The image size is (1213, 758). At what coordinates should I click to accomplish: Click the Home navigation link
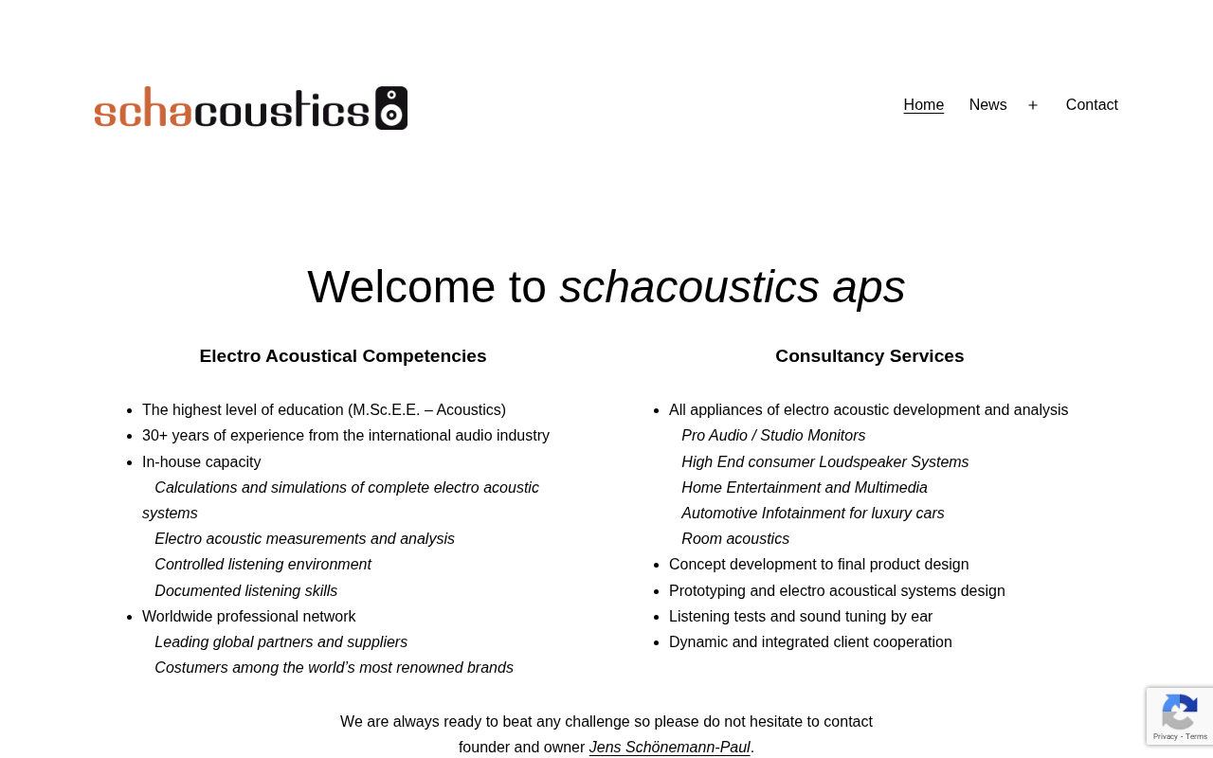coord(923,105)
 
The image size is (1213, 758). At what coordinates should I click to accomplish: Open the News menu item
coord(987,105)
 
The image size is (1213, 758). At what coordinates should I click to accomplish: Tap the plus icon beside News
coord(1033,105)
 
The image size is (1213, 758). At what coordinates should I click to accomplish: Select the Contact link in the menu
coord(1092,105)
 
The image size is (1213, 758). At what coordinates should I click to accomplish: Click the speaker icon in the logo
coord(391,108)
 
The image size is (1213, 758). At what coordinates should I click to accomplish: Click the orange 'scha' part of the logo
coord(142,109)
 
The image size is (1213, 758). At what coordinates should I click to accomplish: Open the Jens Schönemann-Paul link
coord(669,748)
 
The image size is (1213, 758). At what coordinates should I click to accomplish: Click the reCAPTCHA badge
coord(1179,716)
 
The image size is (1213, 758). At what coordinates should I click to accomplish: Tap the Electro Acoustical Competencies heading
coord(343,356)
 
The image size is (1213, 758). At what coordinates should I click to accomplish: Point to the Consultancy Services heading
coord(869,356)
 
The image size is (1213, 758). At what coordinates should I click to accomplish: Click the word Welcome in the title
coord(401,286)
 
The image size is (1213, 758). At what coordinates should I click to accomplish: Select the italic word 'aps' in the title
coord(868,286)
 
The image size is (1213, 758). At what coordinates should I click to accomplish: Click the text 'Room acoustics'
coord(734,539)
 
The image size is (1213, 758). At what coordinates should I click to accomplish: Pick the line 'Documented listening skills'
coord(245,591)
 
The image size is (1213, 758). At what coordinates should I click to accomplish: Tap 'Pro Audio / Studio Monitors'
coord(772,436)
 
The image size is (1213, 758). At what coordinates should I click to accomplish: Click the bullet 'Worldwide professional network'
coord(248,617)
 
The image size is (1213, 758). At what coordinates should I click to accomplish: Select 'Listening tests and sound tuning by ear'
coord(800,617)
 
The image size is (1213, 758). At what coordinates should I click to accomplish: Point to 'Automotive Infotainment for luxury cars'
coord(812,514)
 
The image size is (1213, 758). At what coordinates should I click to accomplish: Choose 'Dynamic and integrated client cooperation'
coord(810,642)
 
